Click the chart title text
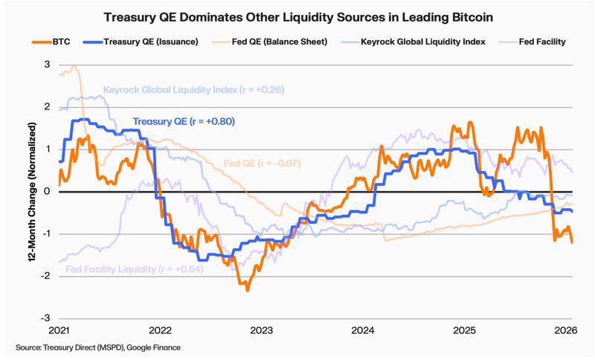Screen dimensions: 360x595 coord(297,15)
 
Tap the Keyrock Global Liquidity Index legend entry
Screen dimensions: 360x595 coord(416,42)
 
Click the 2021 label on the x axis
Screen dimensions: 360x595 coord(59,330)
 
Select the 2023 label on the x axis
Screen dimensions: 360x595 coord(262,330)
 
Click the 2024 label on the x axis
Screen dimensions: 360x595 coord(363,330)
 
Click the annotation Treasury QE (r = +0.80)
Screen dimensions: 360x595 coord(184,121)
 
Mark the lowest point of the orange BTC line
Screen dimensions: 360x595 coord(248,289)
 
